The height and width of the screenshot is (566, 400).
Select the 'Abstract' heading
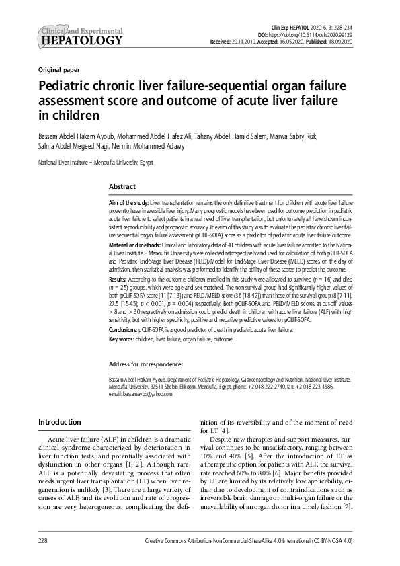click(x=122, y=186)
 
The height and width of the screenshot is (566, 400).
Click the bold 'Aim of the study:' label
click(x=128, y=202)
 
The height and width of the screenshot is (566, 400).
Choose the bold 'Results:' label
click(x=119, y=278)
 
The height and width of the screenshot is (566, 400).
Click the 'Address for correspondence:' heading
click(x=146, y=364)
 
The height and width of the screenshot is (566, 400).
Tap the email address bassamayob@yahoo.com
click(x=147, y=394)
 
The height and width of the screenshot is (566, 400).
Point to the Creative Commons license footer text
click(x=258, y=540)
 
